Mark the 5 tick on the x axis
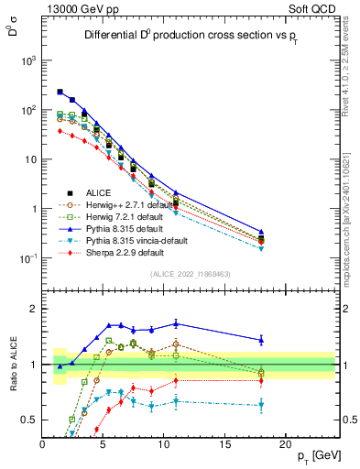coord(103,443)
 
